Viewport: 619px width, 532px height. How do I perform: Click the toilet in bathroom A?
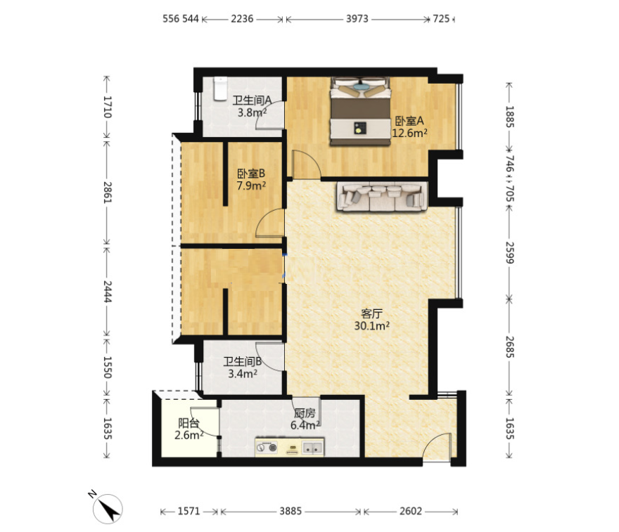pyautogui.click(x=220, y=89)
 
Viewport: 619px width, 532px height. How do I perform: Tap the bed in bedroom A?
pyautogui.click(x=359, y=111)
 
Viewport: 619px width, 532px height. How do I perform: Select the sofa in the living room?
pyautogui.click(x=382, y=196)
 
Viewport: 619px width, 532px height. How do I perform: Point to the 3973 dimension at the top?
pyautogui.click(x=357, y=19)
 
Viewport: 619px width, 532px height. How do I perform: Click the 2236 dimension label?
pyautogui.click(x=242, y=19)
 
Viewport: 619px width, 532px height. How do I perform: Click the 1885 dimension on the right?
pyautogui.click(x=510, y=117)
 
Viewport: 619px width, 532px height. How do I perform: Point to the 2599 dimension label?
pyautogui.click(x=510, y=253)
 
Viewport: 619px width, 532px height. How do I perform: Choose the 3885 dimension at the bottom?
pyautogui.click(x=291, y=512)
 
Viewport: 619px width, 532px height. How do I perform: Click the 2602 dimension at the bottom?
pyautogui.click(x=411, y=512)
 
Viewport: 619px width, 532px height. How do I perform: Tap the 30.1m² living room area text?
pyautogui.click(x=372, y=326)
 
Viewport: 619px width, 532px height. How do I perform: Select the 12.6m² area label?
pyautogui.click(x=409, y=133)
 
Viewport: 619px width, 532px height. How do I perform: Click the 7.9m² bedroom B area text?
pyautogui.click(x=251, y=186)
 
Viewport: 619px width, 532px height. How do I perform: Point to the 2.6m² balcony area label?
pyautogui.click(x=189, y=435)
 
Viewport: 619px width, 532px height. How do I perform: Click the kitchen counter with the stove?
pyautogui.click(x=289, y=447)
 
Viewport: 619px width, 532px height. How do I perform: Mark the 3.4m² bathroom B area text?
pyautogui.click(x=243, y=373)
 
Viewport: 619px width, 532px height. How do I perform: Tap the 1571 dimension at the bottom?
pyautogui.click(x=189, y=512)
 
